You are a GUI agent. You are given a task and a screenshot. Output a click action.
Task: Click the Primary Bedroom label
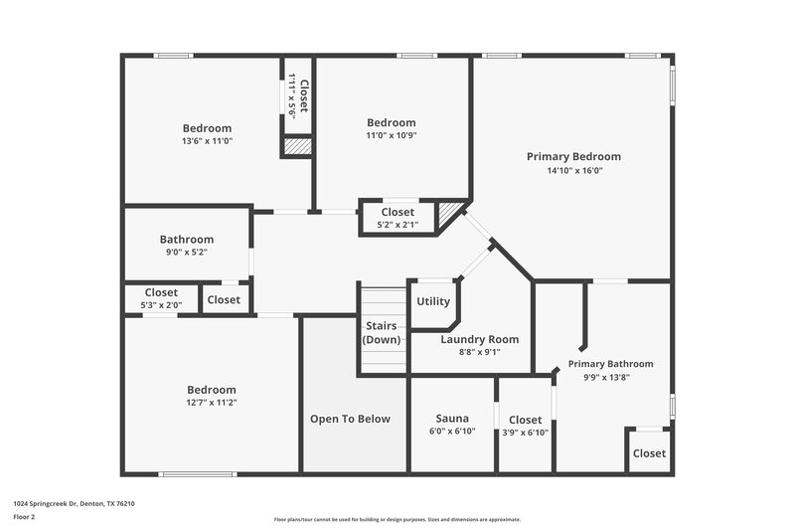(x=573, y=156)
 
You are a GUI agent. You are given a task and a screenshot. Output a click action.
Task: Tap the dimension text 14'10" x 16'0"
(x=573, y=170)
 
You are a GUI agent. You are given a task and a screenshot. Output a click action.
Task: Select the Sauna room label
(x=452, y=419)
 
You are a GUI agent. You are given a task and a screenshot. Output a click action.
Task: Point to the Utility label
(x=433, y=301)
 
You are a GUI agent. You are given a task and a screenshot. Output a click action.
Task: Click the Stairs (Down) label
(x=383, y=332)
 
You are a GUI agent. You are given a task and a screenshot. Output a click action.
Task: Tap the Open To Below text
(x=350, y=419)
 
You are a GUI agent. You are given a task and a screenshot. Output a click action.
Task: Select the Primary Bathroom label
(x=610, y=364)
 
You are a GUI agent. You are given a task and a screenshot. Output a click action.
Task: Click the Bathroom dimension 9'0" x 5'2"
(x=187, y=254)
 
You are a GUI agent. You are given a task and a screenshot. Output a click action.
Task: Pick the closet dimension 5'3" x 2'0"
(x=161, y=305)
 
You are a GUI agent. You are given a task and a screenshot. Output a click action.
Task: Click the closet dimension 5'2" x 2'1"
(x=397, y=226)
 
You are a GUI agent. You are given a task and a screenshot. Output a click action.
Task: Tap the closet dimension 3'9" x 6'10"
(x=526, y=433)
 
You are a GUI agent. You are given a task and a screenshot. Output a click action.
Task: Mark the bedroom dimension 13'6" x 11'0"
(x=207, y=141)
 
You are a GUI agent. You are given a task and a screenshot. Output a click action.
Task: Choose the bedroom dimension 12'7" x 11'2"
(x=212, y=403)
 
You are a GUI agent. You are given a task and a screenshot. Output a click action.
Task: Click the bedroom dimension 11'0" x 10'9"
(x=391, y=135)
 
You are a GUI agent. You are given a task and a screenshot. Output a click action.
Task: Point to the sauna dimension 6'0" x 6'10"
(x=452, y=432)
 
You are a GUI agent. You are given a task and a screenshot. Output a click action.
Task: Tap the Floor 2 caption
(x=23, y=517)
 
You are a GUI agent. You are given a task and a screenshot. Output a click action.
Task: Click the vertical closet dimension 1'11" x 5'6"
(x=292, y=95)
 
